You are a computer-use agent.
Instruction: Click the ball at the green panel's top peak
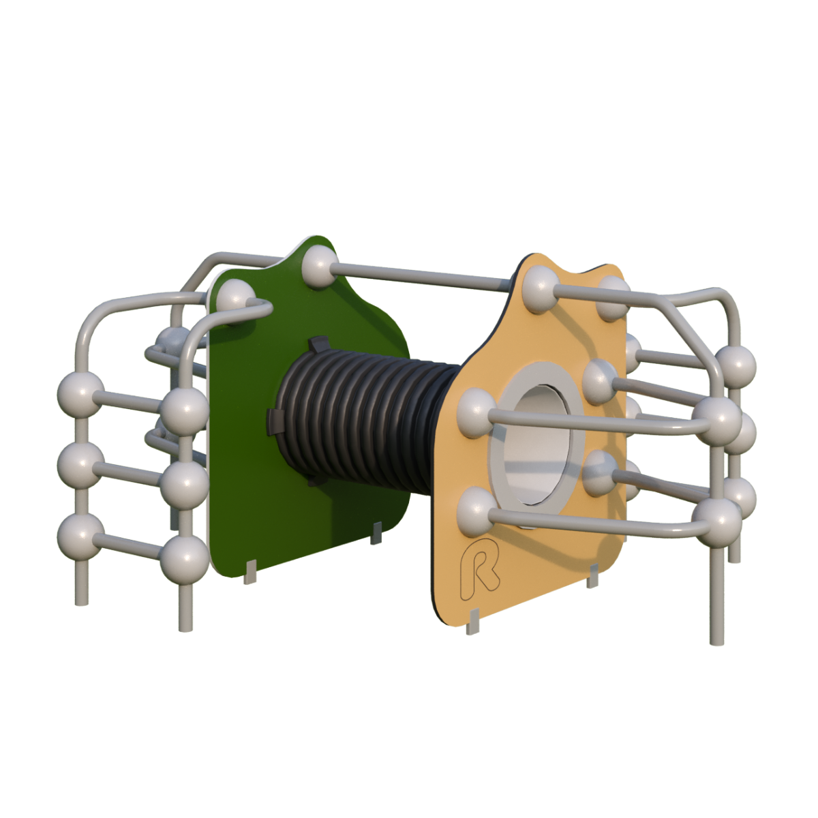[320, 268]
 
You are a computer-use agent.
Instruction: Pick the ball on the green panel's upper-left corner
[236, 301]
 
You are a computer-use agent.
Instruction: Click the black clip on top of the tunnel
[319, 343]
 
